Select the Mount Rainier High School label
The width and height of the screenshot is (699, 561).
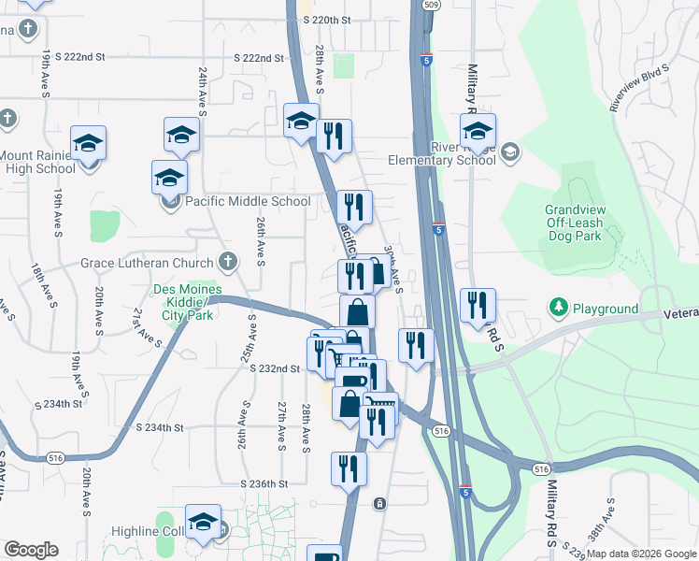click(x=37, y=162)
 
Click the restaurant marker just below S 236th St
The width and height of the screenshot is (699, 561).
click(x=349, y=470)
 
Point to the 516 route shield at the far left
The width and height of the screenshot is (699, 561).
click(x=55, y=457)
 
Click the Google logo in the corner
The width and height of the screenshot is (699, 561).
click(x=31, y=550)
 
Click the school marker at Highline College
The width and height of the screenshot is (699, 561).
click(x=202, y=525)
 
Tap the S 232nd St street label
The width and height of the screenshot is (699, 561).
click(x=274, y=369)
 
